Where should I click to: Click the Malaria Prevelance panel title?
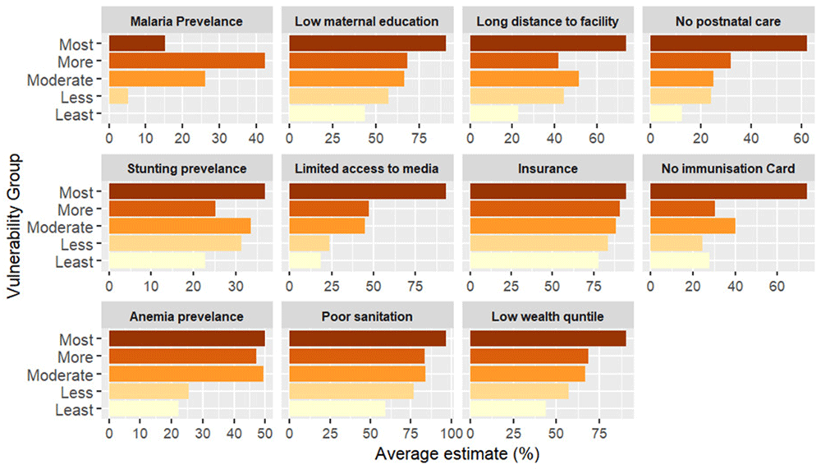click(x=185, y=21)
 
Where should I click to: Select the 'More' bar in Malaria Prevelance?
click(x=186, y=62)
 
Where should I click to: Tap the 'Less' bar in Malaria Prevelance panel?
click(x=118, y=98)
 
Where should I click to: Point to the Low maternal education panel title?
click(x=366, y=21)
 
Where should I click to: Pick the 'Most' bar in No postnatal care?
click(x=728, y=44)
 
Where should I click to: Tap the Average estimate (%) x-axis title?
click(x=456, y=453)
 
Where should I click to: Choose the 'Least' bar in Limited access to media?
click(x=305, y=262)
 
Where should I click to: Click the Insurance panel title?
click(x=548, y=168)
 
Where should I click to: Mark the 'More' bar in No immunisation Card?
click(x=682, y=209)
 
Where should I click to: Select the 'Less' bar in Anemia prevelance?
click(x=149, y=392)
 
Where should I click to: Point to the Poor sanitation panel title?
click(x=366, y=316)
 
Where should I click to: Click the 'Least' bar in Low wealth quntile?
click(x=507, y=409)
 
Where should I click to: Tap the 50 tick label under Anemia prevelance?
click(x=264, y=430)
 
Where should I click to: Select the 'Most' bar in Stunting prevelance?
click(x=186, y=191)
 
